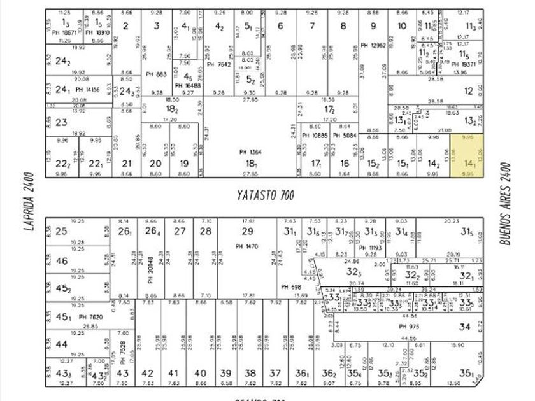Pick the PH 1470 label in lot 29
[248, 245]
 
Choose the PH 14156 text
[87, 90]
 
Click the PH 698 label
[291, 287]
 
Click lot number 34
[465, 327]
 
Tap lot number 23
[61, 122]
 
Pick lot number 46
[62, 261]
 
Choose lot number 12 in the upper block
[469, 90]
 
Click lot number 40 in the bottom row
[200, 374]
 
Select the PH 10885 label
[315, 135]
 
